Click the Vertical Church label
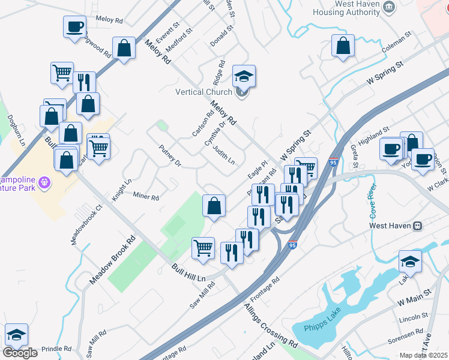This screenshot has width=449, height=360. point(203,92)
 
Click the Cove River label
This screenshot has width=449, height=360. point(368,203)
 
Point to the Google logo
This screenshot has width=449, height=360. point(20,353)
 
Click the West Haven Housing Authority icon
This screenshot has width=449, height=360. point(389,7)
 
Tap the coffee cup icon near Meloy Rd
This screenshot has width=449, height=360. point(75,27)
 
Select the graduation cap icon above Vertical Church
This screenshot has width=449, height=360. point(244,76)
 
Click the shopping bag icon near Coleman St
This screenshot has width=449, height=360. point(343,46)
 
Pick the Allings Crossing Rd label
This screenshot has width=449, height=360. point(270,326)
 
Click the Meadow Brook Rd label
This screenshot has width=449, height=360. point(111,268)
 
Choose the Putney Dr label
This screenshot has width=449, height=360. point(170,155)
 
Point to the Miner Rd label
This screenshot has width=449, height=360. point(145,196)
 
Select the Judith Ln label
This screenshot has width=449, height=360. point(223,154)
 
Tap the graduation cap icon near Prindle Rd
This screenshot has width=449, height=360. point(16,335)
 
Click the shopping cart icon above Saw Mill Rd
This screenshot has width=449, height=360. point(203,247)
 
